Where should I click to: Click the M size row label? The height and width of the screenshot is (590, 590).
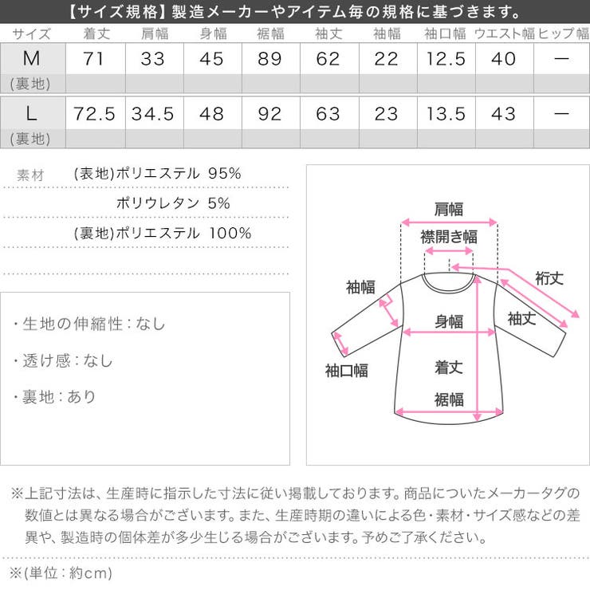click(32, 59)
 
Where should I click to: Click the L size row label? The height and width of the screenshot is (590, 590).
click(32, 113)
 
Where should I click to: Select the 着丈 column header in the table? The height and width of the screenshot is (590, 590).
click(94, 34)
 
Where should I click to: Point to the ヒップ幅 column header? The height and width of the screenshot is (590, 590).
click(562, 34)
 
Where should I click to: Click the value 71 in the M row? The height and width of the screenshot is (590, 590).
click(94, 59)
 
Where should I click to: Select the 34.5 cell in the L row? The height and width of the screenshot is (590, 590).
click(153, 113)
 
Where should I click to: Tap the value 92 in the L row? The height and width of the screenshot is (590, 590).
click(269, 113)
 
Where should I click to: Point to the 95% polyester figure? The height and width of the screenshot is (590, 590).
click(224, 174)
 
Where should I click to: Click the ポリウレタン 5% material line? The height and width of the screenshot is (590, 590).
click(172, 203)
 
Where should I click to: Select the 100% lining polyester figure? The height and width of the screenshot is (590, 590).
click(230, 233)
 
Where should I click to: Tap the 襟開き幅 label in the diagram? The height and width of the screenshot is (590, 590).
click(449, 237)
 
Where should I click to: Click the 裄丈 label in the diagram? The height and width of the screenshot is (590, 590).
click(549, 278)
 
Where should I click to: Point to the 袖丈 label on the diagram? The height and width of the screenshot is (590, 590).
click(521, 318)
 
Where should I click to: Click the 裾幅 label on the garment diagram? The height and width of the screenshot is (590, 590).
click(449, 399)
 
